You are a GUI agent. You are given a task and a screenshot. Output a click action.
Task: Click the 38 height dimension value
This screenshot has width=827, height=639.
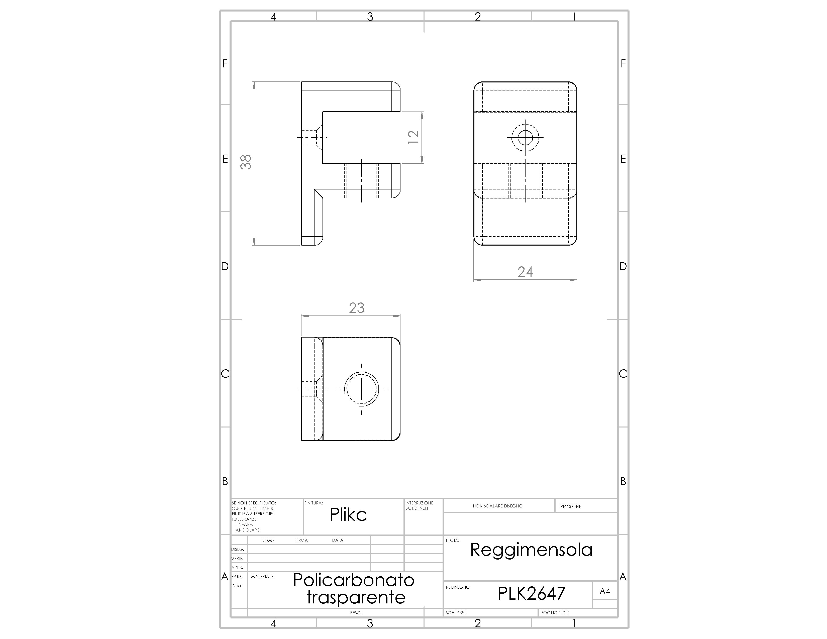click(x=246, y=162)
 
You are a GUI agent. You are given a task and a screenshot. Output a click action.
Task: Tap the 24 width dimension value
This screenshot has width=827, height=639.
click(x=525, y=272)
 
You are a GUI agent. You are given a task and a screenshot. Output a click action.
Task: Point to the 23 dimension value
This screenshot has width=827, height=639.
click(x=357, y=308)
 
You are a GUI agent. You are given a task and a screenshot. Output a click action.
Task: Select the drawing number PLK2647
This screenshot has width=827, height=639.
click(x=531, y=593)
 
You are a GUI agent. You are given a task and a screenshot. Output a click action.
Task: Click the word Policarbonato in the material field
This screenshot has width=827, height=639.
click(x=354, y=580)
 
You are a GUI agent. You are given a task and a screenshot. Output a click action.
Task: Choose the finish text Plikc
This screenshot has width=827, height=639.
click(x=348, y=514)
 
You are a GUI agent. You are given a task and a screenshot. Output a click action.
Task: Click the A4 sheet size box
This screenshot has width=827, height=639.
click(x=605, y=591)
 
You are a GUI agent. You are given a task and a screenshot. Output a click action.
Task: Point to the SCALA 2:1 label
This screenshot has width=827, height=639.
click(x=456, y=612)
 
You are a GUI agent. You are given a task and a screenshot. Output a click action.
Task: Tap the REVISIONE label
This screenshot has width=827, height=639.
click(x=571, y=506)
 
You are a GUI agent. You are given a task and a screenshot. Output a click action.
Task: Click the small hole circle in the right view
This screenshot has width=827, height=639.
click(x=525, y=137)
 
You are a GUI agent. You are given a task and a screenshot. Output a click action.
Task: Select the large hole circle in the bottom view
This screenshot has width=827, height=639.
click(x=362, y=388)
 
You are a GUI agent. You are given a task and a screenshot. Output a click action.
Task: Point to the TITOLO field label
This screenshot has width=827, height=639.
click(x=453, y=540)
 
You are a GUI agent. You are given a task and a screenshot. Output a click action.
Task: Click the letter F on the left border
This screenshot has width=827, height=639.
click(x=225, y=64)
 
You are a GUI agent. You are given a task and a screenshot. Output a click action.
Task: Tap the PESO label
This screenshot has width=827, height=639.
click(x=356, y=612)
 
